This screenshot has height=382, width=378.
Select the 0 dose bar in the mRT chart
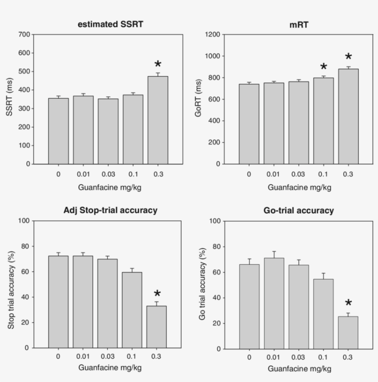[x=249, y=124]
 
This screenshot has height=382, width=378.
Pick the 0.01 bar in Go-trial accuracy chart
[x=274, y=303]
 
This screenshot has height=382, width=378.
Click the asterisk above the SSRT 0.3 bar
[x=158, y=65]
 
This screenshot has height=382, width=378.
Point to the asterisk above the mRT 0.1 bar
[x=324, y=67]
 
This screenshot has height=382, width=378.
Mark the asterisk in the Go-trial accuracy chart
[x=348, y=304]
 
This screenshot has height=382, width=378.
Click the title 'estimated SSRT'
[x=110, y=24]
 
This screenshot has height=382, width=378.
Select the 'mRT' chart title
[x=299, y=24]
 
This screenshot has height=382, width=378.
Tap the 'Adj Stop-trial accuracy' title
[x=110, y=210]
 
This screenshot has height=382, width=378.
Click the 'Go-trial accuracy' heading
[x=299, y=210]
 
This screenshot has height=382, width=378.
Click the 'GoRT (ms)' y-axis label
[x=199, y=99]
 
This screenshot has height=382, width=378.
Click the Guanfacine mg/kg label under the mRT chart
[x=299, y=188]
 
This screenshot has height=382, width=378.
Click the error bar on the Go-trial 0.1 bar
[x=324, y=275]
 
